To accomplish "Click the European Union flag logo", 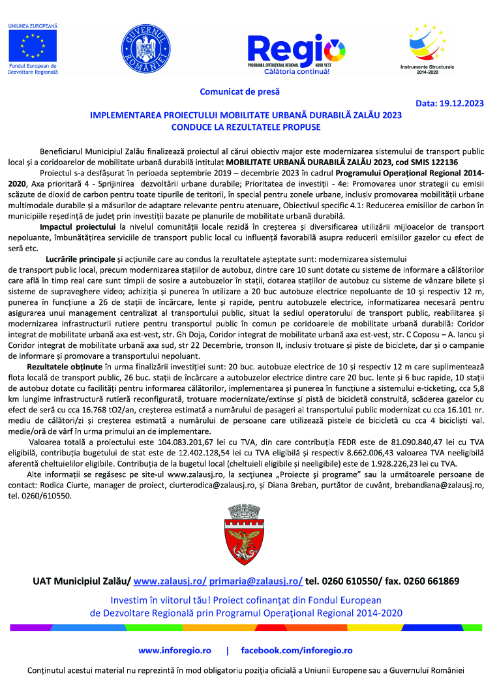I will (32, 45).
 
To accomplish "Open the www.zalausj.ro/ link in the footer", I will (170, 581).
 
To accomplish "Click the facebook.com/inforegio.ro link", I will (297, 651).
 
